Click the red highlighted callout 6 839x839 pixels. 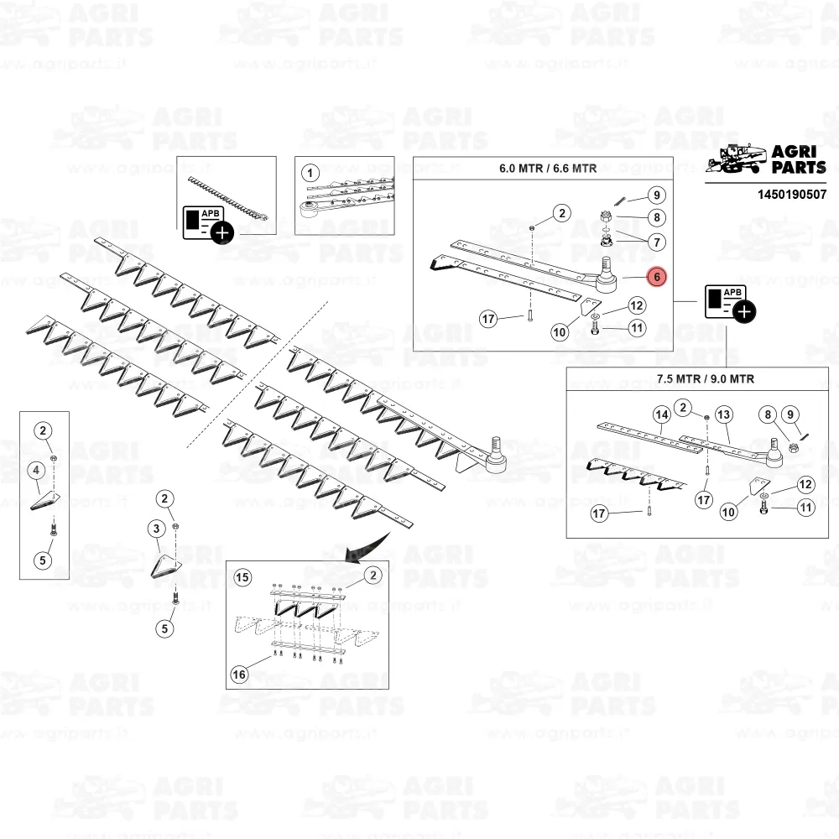[657, 277]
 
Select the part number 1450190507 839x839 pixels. [792, 195]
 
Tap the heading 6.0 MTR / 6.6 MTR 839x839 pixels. [548, 169]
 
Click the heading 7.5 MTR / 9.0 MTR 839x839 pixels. [706, 379]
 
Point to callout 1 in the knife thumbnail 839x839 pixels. [310, 173]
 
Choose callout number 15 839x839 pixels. [242, 577]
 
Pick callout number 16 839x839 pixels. [239, 675]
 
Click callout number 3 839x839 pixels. [156, 529]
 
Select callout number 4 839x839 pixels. [36, 471]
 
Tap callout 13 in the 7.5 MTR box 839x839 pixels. [723, 414]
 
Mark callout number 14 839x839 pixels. [662, 414]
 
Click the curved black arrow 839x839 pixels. [368, 547]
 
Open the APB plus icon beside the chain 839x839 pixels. [208, 224]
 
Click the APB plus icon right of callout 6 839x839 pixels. [731, 303]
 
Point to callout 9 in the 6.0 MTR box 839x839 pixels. [657, 195]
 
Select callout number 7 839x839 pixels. [657, 242]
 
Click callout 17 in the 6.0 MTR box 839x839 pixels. [488, 320]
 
